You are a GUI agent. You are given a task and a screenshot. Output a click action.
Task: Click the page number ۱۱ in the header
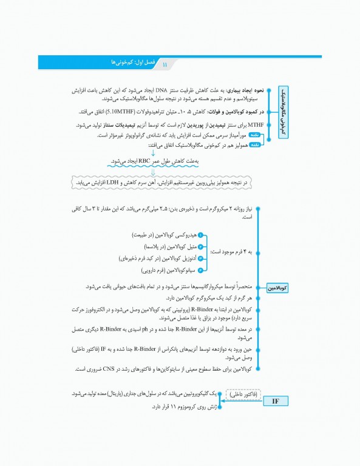pos(165,63)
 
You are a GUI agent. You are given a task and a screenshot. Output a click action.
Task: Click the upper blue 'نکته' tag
pos(254,136)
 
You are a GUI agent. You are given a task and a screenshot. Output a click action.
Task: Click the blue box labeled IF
pos(274,401)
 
